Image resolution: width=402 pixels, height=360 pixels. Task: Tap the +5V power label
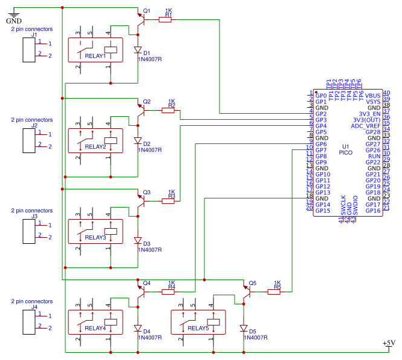(389, 343)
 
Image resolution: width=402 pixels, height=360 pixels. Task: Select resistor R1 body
(164, 19)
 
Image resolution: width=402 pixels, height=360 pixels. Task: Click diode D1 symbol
(138, 51)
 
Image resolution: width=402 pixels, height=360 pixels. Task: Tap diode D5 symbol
(244, 329)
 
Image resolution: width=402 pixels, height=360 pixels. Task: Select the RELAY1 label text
(96, 56)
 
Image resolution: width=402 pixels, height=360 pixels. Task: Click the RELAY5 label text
(198, 329)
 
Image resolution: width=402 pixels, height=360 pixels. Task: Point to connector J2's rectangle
(28, 140)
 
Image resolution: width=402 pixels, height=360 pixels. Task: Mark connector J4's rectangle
(28, 321)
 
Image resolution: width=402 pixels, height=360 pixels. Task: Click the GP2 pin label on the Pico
(321, 114)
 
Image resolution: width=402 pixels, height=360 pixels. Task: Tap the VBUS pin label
(372, 96)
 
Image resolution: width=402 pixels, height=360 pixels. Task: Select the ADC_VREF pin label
(366, 126)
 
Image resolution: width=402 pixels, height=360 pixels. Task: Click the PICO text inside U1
(346, 153)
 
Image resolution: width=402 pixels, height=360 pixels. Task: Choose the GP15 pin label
(322, 211)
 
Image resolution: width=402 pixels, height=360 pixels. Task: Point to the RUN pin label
(375, 156)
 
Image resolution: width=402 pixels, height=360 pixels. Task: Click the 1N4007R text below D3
(150, 249)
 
